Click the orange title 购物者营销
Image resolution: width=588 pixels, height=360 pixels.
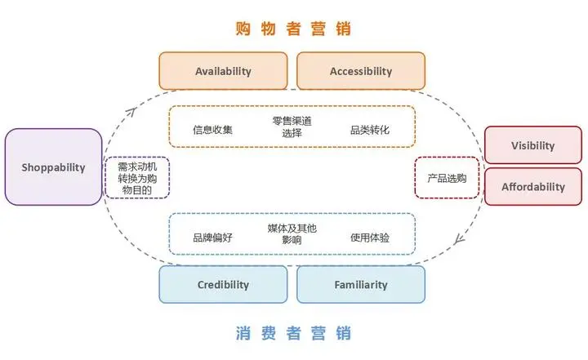click(292, 29)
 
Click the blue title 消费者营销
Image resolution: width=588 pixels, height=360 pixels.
click(293, 334)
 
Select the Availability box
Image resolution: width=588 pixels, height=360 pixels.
click(223, 71)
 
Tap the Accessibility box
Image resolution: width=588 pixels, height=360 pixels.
click(360, 71)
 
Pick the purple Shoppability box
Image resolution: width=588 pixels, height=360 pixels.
click(53, 167)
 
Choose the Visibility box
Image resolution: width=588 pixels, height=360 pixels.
click(532, 145)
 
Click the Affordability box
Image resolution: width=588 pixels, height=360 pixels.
click(532, 186)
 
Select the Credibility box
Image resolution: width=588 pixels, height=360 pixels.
click(223, 285)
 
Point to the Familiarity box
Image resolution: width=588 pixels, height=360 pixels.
click(360, 285)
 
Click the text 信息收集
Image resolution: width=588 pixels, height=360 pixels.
click(212, 129)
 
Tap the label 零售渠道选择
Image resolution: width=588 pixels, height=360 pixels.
click(292, 127)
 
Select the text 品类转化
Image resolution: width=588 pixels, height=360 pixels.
click(370, 129)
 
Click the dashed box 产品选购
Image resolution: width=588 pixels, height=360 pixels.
click(447, 178)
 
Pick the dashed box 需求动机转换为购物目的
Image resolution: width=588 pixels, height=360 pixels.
click(137, 177)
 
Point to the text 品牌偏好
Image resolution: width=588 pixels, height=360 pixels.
click(212, 238)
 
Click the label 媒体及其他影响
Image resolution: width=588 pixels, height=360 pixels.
click(292, 235)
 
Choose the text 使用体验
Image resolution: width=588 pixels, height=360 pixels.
click(370, 238)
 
